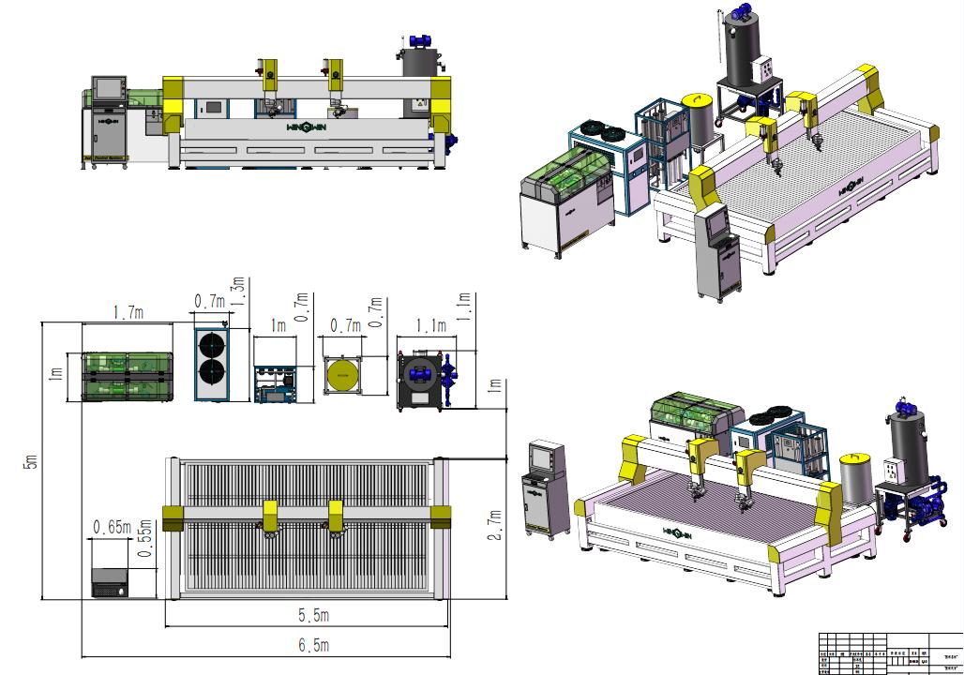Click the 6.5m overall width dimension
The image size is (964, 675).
point(314,645)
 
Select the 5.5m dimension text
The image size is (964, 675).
point(314,616)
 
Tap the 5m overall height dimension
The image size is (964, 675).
point(31,460)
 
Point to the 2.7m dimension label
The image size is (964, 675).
point(495,525)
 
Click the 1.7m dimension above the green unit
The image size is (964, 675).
point(127,313)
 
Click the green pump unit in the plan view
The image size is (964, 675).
point(127,376)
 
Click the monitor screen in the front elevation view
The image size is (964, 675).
point(110,87)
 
